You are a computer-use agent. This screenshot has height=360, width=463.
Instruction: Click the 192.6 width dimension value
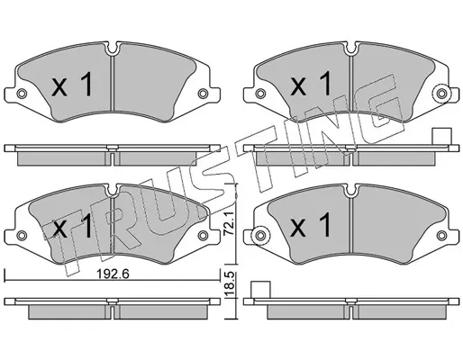(x=113, y=274)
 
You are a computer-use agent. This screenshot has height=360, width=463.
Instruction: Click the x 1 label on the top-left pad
(x=72, y=85)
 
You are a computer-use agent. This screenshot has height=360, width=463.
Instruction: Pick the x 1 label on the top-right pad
(x=310, y=84)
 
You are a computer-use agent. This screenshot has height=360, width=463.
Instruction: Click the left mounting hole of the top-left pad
(x=21, y=94)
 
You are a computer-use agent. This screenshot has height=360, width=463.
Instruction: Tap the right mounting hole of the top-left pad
(x=203, y=94)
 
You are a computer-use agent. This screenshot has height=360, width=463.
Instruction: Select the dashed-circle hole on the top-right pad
(x=441, y=94)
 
